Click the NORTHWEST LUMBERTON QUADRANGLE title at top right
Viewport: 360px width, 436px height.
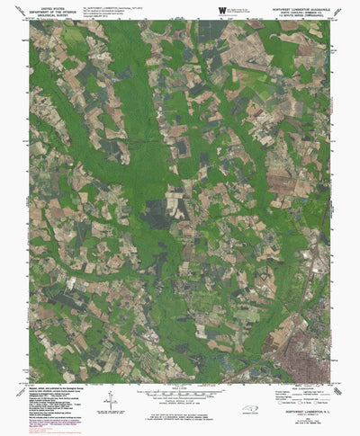coord(298,5)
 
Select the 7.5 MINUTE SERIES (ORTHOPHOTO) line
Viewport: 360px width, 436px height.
coord(298,14)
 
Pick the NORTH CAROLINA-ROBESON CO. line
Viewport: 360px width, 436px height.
coord(298,10)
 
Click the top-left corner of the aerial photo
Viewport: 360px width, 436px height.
coord(30,22)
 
